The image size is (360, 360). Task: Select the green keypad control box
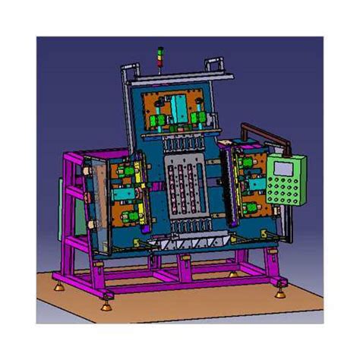pyautogui.click(x=286, y=182)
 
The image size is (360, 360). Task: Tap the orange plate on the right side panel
pyautogui.click(x=251, y=182)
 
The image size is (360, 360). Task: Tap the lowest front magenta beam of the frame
pyautogui.click(x=190, y=287)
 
